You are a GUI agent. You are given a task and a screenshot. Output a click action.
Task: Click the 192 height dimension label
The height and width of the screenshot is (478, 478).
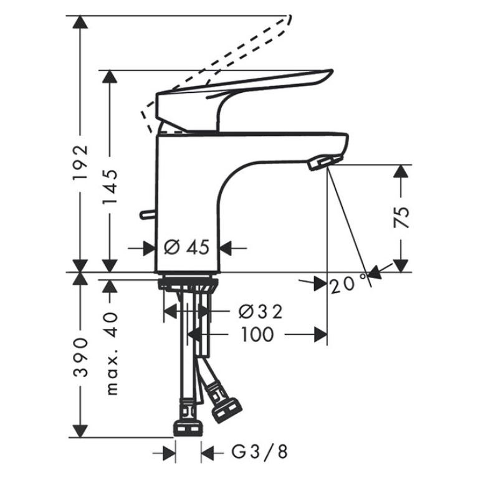point(80,163)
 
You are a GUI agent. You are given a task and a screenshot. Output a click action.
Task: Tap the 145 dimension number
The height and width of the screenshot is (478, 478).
point(110,186)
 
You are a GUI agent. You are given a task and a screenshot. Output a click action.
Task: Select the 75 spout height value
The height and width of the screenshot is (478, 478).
point(401,217)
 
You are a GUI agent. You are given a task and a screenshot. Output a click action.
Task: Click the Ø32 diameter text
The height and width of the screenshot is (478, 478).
point(261,312)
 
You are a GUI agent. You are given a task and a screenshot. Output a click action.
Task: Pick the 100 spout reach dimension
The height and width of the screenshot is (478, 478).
point(258,335)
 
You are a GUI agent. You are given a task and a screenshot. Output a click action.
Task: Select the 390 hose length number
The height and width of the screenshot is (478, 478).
point(80,357)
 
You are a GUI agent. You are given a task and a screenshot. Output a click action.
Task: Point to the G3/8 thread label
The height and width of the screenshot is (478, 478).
point(259,452)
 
